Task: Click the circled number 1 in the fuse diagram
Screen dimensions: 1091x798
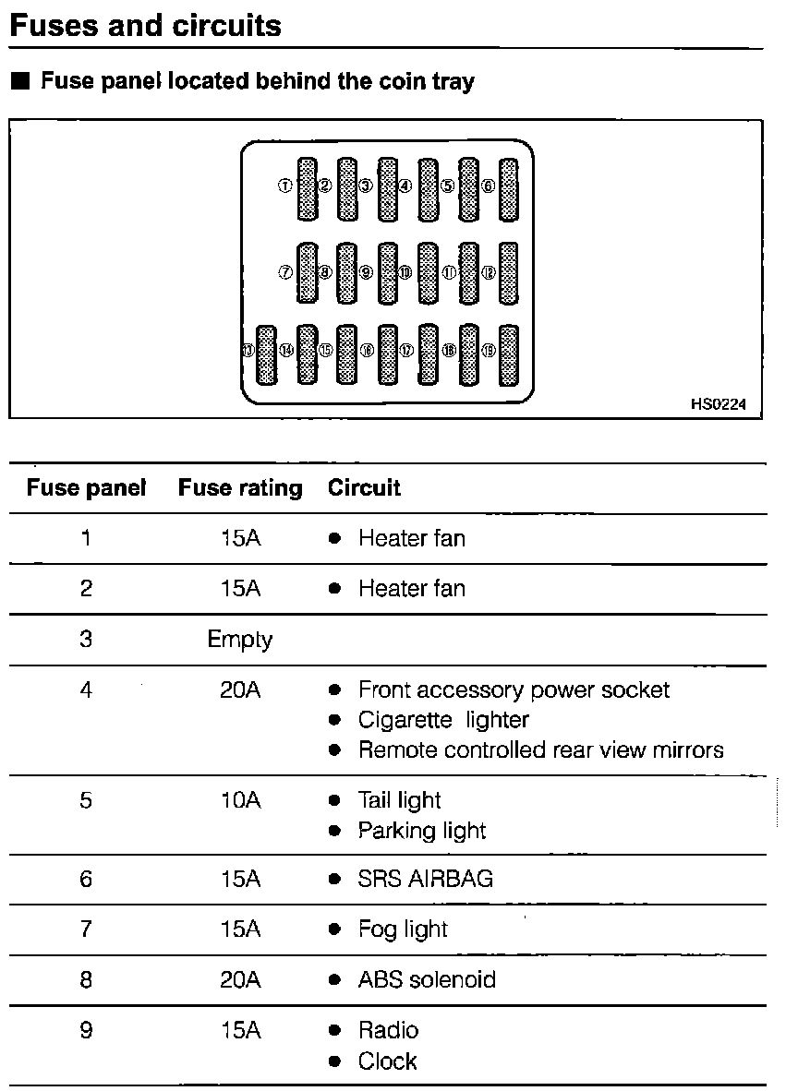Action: (284, 186)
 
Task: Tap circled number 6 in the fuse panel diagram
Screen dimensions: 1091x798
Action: (489, 186)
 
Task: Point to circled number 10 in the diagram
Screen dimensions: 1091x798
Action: (406, 272)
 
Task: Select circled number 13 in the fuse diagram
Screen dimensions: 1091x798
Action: (247, 351)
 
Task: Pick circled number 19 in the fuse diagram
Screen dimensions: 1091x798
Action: (489, 351)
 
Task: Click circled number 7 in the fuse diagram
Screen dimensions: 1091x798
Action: (284, 272)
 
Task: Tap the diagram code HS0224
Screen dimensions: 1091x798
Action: (718, 403)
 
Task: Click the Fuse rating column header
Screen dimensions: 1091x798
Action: (240, 487)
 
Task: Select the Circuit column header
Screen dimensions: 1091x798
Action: (364, 487)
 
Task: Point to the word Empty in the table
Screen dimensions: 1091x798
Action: (240, 640)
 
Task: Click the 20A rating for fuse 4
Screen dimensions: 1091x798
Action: (240, 689)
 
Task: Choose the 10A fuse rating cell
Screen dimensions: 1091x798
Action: (240, 800)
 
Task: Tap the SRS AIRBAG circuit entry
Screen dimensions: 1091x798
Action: (425, 879)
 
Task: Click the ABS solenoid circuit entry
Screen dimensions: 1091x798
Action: (427, 979)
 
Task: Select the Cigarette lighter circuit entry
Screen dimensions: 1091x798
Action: (443, 720)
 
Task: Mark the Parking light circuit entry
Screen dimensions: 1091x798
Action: (422, 831)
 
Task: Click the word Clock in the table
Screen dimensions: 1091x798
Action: (388, 1061)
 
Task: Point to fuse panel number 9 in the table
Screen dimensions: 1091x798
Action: (86, 1030)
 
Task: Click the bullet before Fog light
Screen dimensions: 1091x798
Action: (335, 929)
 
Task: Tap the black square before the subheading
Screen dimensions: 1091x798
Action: (21, 81)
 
